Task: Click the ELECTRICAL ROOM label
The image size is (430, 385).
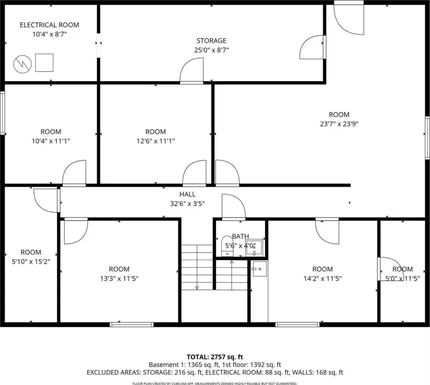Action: click(49, 25)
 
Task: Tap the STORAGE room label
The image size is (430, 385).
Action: click(211, 41)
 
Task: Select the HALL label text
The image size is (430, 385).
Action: click(187, 194)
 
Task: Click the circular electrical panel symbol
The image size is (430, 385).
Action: click(23, 64)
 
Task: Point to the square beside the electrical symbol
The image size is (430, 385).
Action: click(44, 63)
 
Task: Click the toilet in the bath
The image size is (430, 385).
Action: click(227, 246)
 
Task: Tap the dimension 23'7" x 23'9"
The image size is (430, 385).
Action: click(339, 124)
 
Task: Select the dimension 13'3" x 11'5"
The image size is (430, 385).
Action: click(119, 279)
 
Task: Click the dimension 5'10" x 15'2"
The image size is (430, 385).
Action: click(31, 262)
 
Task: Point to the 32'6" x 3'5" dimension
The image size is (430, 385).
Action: click(187, 204)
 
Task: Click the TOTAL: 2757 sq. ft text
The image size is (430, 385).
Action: click(214, 357)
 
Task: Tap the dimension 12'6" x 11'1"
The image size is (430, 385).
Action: click(156, 141)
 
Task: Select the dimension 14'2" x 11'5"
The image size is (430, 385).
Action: click(323, 279)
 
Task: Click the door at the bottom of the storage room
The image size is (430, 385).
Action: click(191, 70)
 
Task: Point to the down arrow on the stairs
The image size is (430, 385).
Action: click(197, 287)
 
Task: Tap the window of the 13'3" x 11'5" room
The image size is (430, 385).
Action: click(132, 325)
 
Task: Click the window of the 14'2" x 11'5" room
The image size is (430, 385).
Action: click(298, 325)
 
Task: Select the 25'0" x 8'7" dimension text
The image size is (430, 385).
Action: click(211, 50)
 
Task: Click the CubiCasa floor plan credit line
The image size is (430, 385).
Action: click(214, 383)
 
